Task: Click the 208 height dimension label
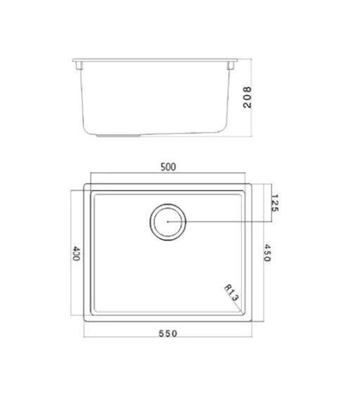(x=248, y=97)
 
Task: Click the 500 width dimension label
(x=168, y=167)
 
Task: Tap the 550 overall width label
(x=167, y=334)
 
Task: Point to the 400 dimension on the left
(x=76, y=254)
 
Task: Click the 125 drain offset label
(x=274, y=203)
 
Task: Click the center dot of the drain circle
(x=168, y=222)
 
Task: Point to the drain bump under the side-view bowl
(x=120, y=137)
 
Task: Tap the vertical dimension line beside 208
(x=253, y=97)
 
